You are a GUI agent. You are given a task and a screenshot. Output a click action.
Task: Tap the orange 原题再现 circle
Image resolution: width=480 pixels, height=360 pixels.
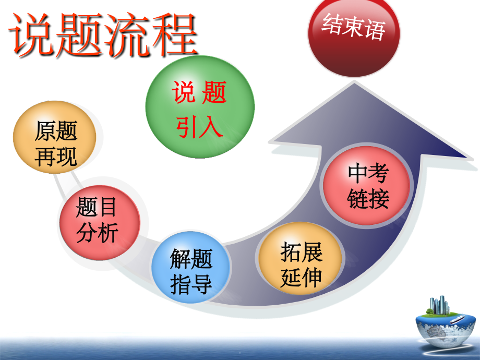(x=55, y=142)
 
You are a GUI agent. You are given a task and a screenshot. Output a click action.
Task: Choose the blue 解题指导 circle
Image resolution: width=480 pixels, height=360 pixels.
(x=191, y=272)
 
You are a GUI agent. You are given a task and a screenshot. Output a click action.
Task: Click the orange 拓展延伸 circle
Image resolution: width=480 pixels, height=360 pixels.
(x=301, y=263)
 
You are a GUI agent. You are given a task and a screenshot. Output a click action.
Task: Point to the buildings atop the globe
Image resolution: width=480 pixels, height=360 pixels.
(x=440, y=305)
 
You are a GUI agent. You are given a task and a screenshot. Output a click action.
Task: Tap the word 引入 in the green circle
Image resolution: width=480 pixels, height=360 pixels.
(x=199, y=127)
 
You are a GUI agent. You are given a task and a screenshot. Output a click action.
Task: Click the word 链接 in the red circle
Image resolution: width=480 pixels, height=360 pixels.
(x=368, y=199)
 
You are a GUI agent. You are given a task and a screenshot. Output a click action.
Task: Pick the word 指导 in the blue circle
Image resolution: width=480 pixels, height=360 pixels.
(x=191, y=284)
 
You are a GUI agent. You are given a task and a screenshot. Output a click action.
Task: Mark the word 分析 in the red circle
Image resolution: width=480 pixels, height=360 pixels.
(x=97, y=233)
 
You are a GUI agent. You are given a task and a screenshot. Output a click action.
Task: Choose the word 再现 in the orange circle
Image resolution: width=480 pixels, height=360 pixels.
(x=56, y=156)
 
